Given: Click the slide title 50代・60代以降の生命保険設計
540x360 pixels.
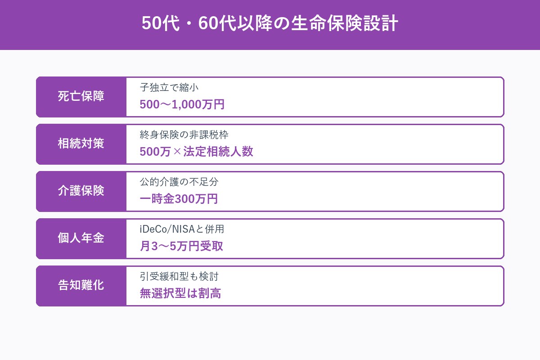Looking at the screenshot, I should coord(270,24).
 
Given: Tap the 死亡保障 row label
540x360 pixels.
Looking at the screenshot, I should coord(81,97).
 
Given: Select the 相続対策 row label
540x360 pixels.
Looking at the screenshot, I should coord(81,144).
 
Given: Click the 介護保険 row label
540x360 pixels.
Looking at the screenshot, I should coord(81,191).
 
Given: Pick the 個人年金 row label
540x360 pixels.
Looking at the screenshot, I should coord(81,238).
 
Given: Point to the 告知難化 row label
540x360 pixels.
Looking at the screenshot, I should coord(81,286).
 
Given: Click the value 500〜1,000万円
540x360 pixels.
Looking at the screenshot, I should coord(182,105).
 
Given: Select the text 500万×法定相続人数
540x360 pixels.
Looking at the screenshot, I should coord(196,152).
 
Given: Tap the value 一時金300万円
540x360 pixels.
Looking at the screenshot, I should coord(179,199).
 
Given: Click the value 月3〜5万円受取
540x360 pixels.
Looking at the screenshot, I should coord(181,247).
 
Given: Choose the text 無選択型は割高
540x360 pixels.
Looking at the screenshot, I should coord(180,294).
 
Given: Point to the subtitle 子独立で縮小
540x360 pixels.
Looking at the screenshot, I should coord(169,88).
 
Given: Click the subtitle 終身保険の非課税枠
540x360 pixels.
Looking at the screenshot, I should coord(187,135).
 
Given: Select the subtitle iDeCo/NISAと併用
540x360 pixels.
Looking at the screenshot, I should coord(182,229).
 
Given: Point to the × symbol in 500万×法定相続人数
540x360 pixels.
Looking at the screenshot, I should coord(177,152).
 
